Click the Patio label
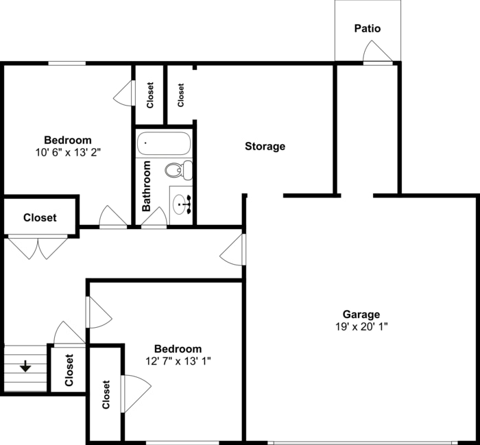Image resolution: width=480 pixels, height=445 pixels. tap(367, 29)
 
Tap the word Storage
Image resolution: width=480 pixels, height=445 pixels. tap(265, 146)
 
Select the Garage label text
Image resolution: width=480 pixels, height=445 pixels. tap(361, 315)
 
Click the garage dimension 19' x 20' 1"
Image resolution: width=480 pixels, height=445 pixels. tap(361, 327)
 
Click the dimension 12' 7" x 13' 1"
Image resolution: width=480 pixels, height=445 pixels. tap(178, 361)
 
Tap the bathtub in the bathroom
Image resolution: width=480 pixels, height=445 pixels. tap(164, 145)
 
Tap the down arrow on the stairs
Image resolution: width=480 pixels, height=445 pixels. tap(25, 367)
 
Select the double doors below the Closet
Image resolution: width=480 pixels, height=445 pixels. tap(38, 247)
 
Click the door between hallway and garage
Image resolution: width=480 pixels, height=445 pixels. tap(233, 249)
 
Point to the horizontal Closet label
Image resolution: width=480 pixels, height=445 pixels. tap(40, 217)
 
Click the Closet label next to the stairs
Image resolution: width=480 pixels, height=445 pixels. tap(69, 370)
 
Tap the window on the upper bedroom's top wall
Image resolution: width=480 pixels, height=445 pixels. tap(67, 64)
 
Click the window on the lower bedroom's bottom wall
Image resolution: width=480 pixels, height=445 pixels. tap(182, 442)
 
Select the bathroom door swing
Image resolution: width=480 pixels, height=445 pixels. tap(154, 218)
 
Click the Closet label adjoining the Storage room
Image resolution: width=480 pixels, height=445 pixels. tap(181, 95)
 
